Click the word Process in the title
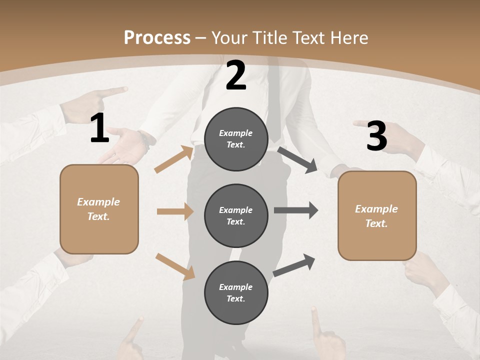click(157, 38)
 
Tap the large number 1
click(99, 128)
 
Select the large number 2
click(236, 75)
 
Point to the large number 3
click(376, 136)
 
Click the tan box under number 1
click(99, 209)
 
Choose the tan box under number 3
click(377, 215)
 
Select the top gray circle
click(236, 139)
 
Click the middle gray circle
click(236, 215)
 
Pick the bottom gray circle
click(236, 292)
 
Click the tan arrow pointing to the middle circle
click(175, 211)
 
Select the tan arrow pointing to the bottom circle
click(175, 266)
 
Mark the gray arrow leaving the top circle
click(297, 159)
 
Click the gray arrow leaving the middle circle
click(296, 210)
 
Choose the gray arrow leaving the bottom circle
click(294, 265)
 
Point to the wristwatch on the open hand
click(145, 140)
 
